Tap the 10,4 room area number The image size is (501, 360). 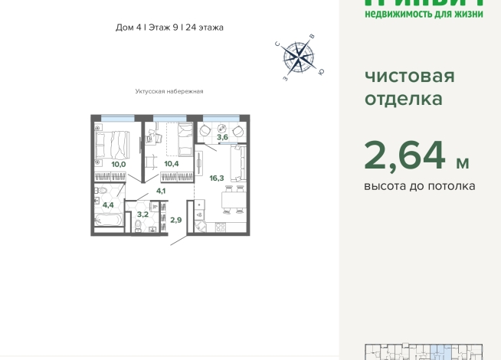point(172,164)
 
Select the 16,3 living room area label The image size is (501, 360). point(217,178)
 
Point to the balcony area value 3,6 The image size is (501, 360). point(223,136)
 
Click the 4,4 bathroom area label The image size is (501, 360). point(108,205)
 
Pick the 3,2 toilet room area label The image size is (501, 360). point(142,214)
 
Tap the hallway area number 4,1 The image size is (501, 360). point(161,191)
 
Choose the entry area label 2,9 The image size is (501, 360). point(175,220)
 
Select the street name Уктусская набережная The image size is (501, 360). point(169,91)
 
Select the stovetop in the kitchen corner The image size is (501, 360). point(221,227)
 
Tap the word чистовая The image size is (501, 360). point(409,76)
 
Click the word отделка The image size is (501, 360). point(403,99)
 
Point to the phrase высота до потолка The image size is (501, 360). point(419,186)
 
